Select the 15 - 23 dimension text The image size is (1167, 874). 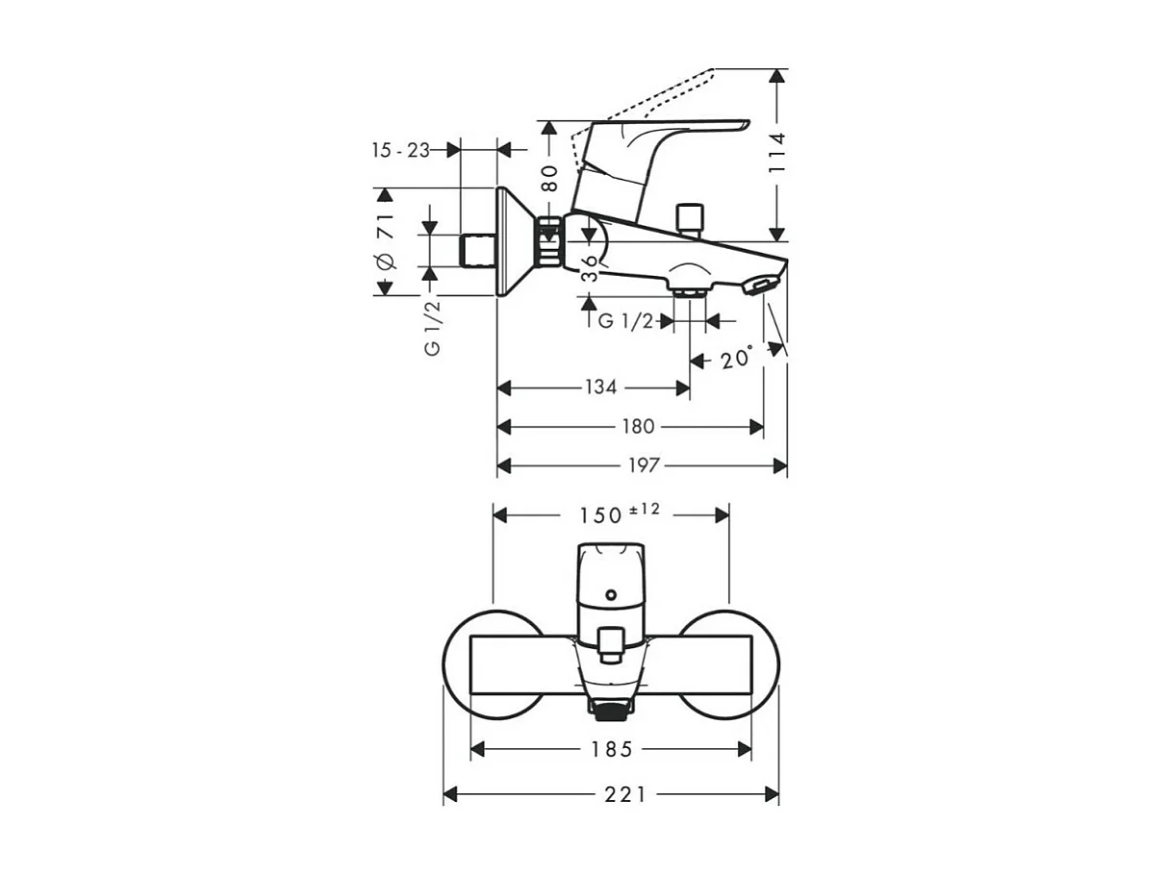(x=400, y=150)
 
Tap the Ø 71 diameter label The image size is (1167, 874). (x=384, y=241)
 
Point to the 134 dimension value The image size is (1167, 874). (x=600, y=387)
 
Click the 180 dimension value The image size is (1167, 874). (x=637, y=426)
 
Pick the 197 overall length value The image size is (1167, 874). (x=645, y=465)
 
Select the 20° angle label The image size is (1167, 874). (x=737, y=359)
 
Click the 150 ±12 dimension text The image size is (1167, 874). (x=618, y=513)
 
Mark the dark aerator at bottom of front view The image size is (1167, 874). (x=611, y=712)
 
